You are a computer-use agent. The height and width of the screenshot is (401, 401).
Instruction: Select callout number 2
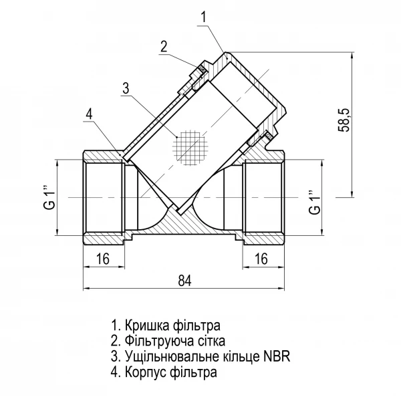tap(163, 46)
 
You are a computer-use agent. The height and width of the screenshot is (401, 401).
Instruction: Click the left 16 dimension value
tap(102, 259)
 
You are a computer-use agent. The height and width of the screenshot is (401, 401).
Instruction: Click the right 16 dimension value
tap(261, 259)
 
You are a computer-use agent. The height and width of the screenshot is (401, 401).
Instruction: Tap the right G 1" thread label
tap(315, 198)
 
